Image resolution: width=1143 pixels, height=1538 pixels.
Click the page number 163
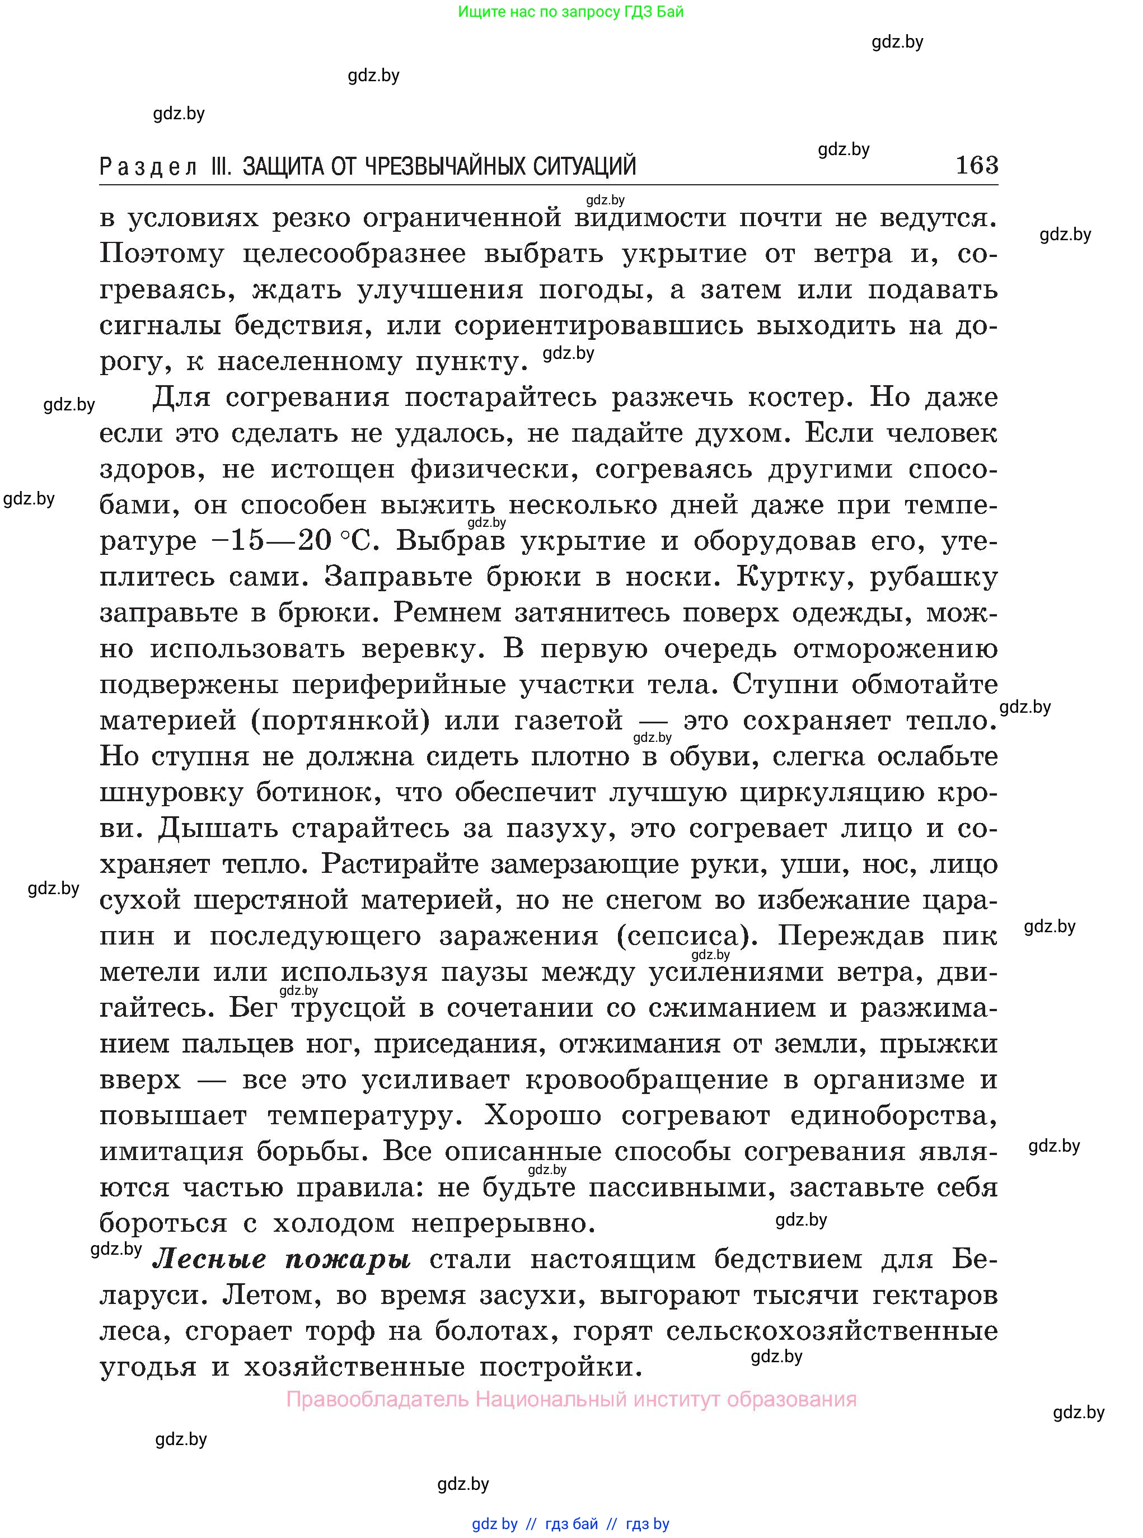(976, 165)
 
